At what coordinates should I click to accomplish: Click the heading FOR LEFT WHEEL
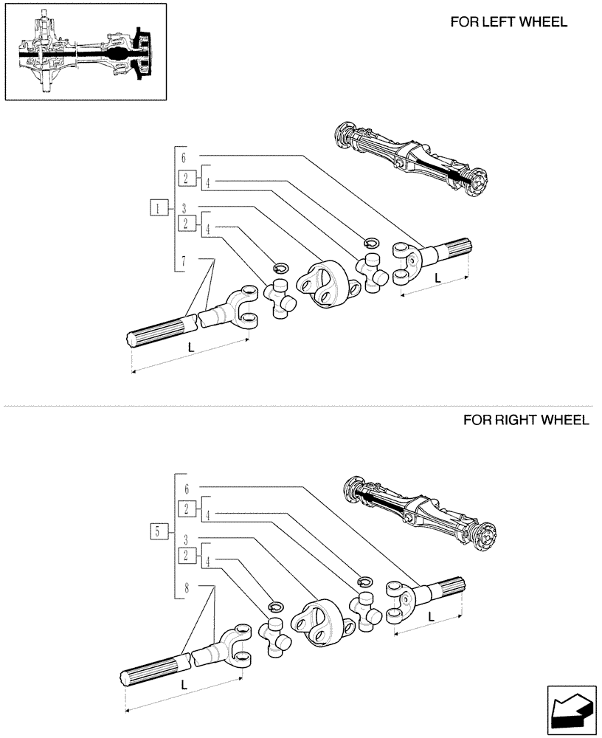pyautogui.click(x=508, y=22)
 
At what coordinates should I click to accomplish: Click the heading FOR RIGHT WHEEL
pyautogui.click(x=525, y=420)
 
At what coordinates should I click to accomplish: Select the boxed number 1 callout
pyautogui.click(x=158, y=207)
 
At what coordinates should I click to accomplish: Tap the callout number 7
pyautogui.click(x=184, y=260)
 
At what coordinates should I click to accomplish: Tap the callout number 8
pyautogui.click(x=186, y=589)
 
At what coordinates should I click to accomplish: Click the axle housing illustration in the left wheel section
pyautogui.click(x=409, y=157)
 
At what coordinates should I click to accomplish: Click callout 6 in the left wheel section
pyautogui.click(x=184, y=157)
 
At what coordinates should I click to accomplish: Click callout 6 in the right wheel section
pyautogui.click(x=186, y=489)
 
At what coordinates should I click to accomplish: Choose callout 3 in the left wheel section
pyautogui.click(x=184, y=208)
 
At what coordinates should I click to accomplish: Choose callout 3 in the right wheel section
pyautogui.click(x=186, y=539)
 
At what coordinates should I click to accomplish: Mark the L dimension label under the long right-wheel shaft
pyautogui.click(x=184, y=684)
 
